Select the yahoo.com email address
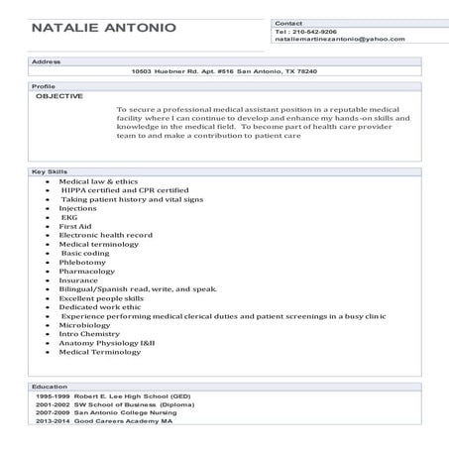340,39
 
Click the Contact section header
288,22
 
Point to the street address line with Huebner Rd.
223,71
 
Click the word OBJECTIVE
59,96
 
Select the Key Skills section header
50,172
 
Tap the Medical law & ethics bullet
98,182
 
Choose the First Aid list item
75,226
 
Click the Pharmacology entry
87,271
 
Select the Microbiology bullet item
85,324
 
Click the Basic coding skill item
83,253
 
